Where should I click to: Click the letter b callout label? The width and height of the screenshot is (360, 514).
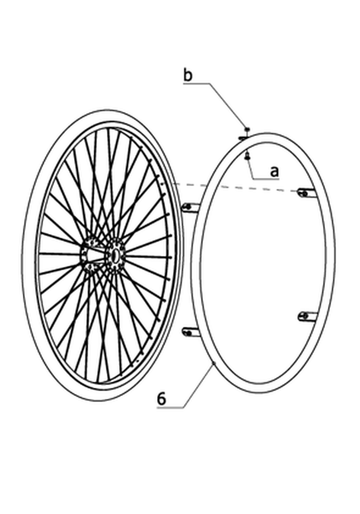coord(188,75)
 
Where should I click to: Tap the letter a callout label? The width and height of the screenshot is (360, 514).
coord(274,172)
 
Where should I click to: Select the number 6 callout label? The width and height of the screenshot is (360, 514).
coord(162,399)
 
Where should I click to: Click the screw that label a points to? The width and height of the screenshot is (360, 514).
coord(247,156)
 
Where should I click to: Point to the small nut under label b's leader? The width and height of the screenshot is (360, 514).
coord(247,128)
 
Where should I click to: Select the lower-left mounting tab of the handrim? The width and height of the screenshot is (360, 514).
coord(190,331)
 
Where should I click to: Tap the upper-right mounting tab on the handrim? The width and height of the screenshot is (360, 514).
coord(307,193)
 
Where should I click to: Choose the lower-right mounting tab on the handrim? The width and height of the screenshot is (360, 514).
coord(308,316)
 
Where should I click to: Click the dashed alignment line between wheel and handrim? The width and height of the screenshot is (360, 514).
coord(234,187)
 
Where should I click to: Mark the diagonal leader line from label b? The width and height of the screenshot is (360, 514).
coord(228,105)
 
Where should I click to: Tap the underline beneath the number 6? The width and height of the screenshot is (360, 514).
coord(170,408)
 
